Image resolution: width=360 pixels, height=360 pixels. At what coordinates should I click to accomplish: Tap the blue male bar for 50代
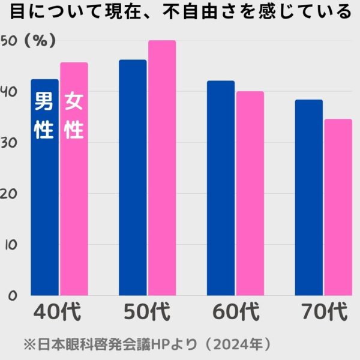(x=133, y=180)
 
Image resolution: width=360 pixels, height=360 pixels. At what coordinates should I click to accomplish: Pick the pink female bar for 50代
(x=162, y=168)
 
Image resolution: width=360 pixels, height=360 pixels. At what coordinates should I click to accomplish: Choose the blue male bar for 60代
(x=221, y=189)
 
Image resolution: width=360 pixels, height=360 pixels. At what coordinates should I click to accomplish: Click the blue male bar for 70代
(x=308, y=198)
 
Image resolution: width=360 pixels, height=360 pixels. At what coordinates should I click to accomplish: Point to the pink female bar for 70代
(x=338, y=207)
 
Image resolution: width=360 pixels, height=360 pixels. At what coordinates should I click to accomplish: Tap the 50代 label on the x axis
(x=147, y=313)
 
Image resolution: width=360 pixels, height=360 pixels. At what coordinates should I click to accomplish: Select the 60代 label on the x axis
(x=236, y=313)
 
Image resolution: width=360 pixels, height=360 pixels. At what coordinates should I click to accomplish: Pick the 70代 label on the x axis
(x=324, y=313)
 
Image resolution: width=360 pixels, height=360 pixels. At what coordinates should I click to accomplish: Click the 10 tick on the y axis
(x=9, y=245)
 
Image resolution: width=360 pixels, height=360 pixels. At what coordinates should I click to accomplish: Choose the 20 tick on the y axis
(x=9, y=194)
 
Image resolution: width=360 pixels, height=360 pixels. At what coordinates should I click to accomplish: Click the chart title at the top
(x=180, y=12)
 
